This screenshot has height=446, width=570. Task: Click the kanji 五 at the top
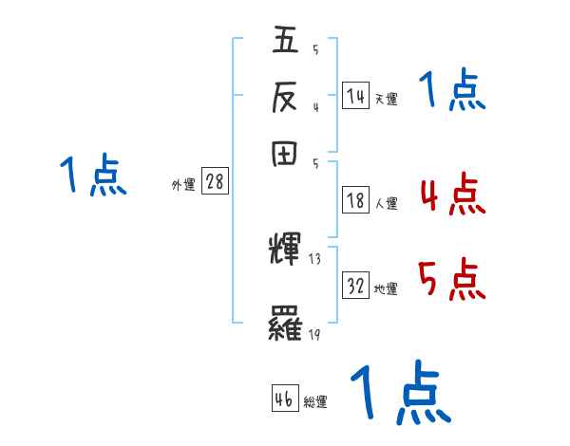coord(286,43)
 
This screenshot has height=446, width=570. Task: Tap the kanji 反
coord(286,97)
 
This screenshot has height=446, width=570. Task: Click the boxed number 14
coord(355,96)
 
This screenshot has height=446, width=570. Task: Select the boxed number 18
coord(355,200)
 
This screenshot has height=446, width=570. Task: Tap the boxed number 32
coord(355,287)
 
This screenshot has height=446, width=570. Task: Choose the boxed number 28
coord(215,182)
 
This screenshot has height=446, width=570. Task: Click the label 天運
coord(386,99)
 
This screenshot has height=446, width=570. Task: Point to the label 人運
coord(386,203)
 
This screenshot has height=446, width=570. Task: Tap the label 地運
coord(386,289)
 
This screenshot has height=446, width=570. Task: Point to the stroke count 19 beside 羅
coord(314,334)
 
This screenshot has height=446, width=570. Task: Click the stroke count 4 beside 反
coord(314,106)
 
